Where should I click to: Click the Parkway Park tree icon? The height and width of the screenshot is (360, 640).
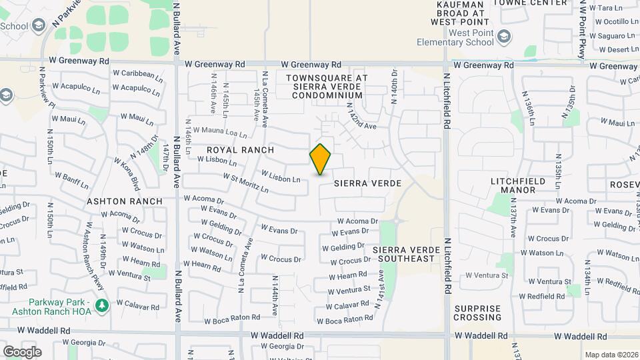[101, 305]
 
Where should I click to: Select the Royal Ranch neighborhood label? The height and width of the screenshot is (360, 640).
[232, 150]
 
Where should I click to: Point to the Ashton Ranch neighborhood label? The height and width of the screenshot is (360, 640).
[125, 201]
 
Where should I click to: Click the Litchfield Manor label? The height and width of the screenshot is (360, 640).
[522, 185]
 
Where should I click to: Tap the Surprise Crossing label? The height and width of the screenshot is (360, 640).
[477, 313]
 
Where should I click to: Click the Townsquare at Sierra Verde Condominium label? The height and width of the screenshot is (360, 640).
[327, 87]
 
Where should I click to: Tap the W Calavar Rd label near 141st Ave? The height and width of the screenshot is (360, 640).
[347, 305]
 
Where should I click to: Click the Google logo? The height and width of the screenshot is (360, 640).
[22, 351]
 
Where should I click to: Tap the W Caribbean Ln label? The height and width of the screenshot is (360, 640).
[137, 75]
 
